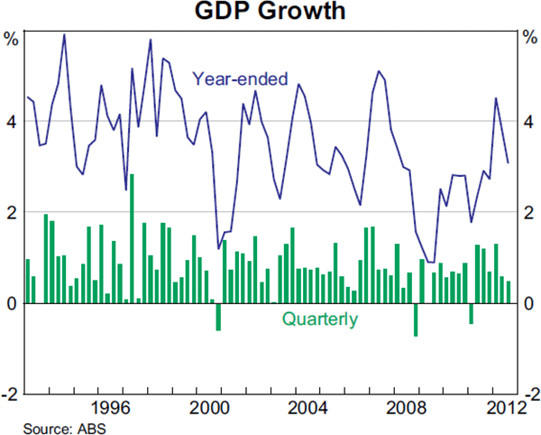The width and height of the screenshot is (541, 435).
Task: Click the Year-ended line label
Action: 235,79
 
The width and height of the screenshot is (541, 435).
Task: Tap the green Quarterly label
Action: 319,319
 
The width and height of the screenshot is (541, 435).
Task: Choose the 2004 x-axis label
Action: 309,405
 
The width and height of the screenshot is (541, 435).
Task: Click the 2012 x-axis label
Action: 502,405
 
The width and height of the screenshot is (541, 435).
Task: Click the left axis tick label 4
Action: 11,122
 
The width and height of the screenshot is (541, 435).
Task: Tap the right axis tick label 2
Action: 528,213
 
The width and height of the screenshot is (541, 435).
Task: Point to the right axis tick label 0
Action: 528,304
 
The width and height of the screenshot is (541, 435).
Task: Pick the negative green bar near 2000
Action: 218,317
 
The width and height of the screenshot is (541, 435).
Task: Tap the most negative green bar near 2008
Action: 416,319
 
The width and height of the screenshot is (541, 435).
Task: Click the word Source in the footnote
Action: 44,427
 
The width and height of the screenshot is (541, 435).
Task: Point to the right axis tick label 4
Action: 528,122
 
